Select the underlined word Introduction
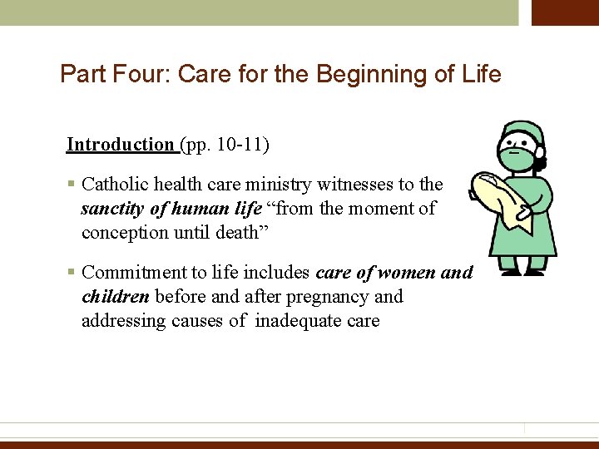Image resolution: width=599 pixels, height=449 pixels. click(120, 145)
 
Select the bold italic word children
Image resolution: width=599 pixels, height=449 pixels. click(115, 297)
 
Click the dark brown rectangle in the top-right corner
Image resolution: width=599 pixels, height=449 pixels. click(565, 12)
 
